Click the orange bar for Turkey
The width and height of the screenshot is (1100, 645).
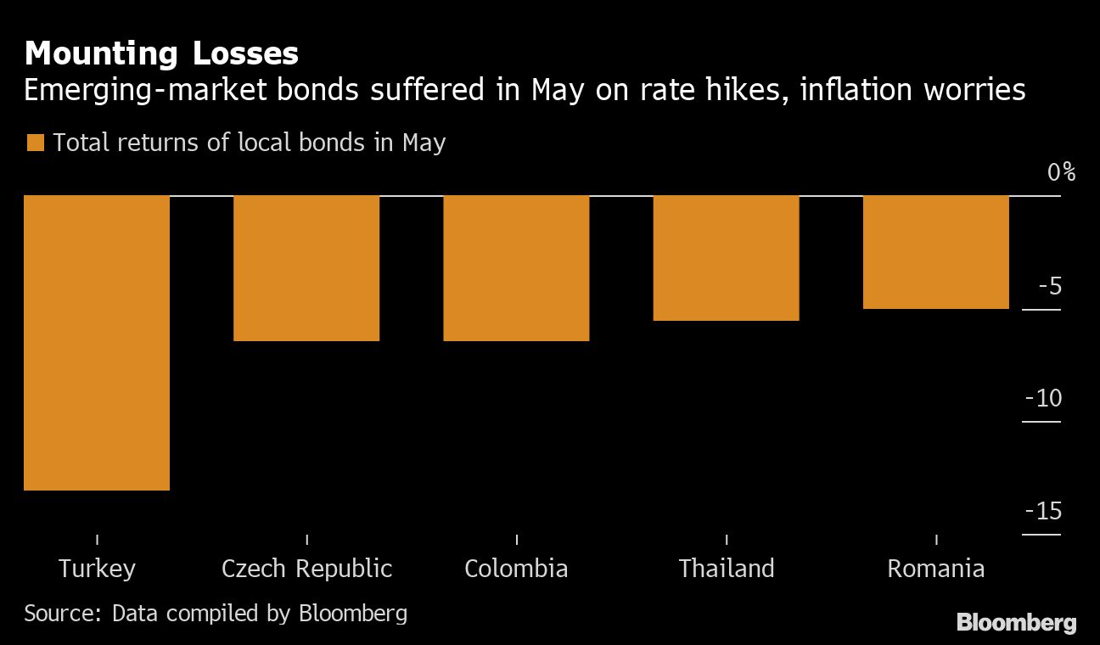97,343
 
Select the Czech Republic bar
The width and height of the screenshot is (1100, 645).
306,268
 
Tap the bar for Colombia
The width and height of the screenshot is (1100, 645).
516,268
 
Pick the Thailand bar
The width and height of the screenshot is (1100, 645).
726,258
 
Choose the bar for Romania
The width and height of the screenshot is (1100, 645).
935,252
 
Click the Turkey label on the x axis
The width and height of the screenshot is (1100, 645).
97,568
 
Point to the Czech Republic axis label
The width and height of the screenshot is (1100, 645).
306,568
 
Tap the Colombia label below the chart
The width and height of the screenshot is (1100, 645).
516,568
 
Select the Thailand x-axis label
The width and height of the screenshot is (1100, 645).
727,568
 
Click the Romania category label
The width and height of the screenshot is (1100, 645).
935,568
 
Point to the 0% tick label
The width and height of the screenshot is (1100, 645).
1061,172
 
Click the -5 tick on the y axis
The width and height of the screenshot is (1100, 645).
1050,286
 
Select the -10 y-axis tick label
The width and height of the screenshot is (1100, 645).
1043,398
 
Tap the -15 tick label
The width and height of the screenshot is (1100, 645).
1043,511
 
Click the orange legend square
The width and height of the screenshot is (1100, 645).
35,143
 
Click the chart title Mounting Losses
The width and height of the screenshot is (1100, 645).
161,54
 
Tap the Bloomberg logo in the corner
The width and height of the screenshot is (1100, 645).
1016,623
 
